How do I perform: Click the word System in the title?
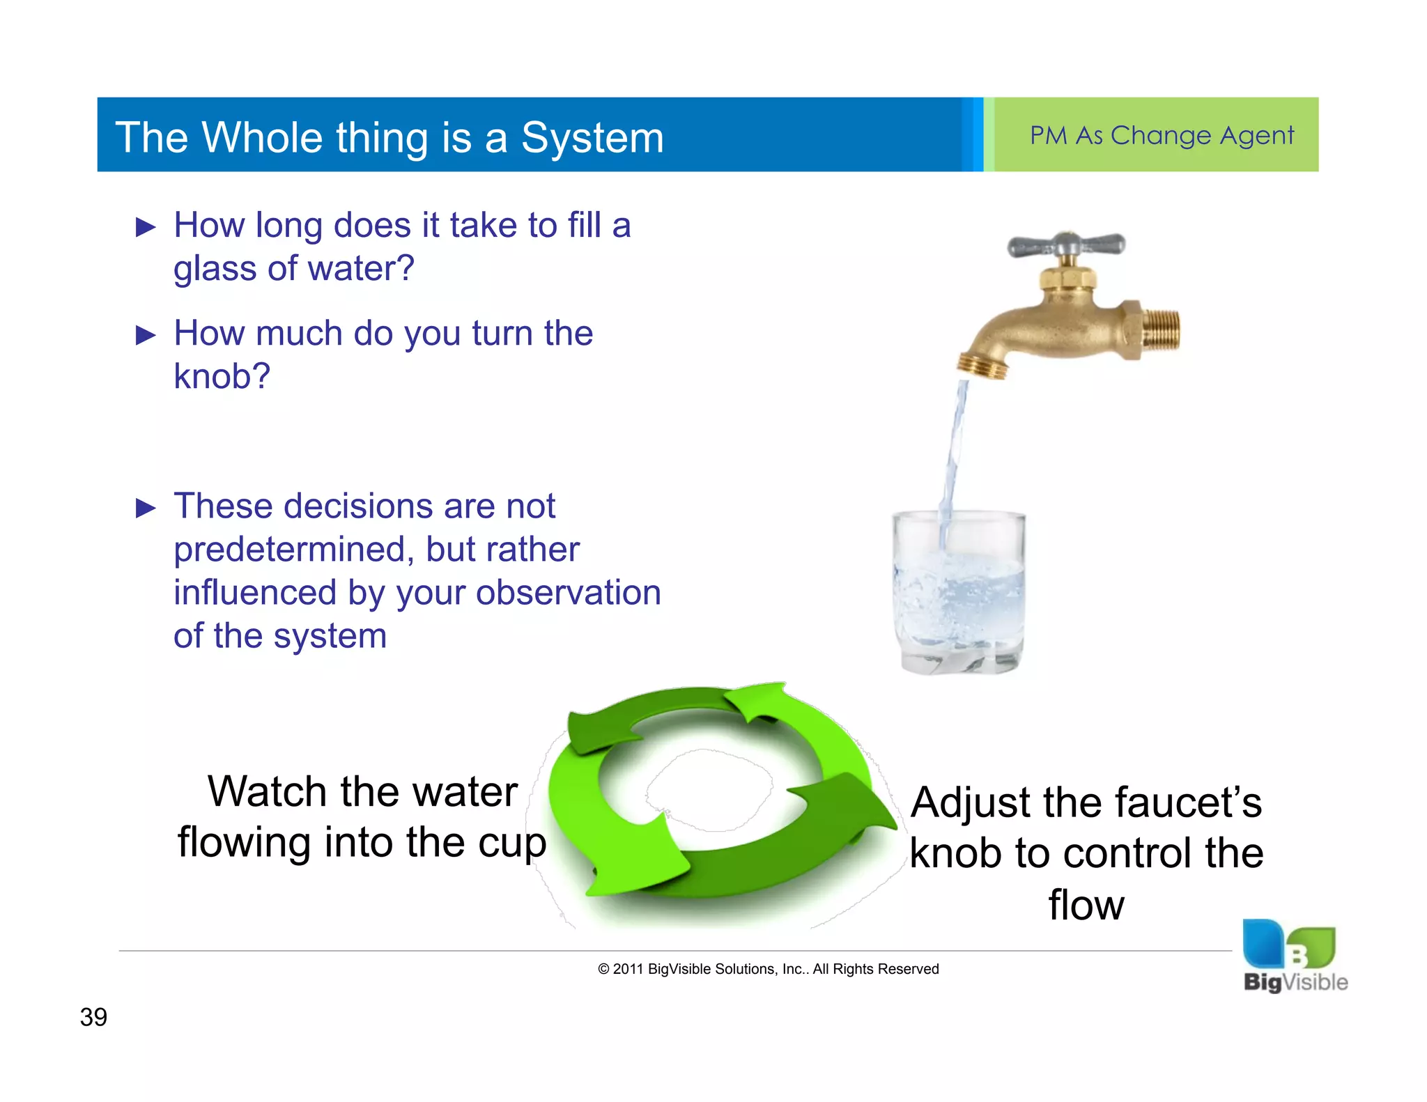[x=592, y=138]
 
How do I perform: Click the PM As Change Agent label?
[x=1162, y=135]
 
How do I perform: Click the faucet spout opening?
[x=982, y=367]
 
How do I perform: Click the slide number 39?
[x=93, y=1017]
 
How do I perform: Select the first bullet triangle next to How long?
[x=146, y=227]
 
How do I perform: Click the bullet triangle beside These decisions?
[x=146, y=508]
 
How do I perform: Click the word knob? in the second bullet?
[x=222, y=376]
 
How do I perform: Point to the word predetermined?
[x=289, y=550]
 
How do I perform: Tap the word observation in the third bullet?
[x=568, y=593]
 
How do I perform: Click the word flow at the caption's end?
[x=1086, y=905]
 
